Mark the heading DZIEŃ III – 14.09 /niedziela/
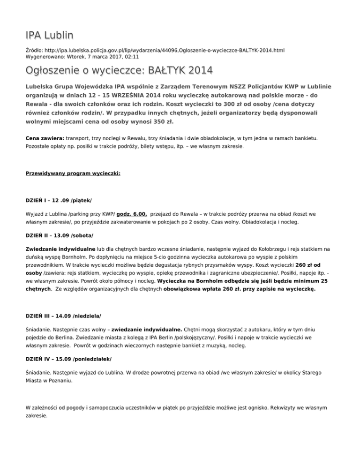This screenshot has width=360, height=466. [x=63, y=316]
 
